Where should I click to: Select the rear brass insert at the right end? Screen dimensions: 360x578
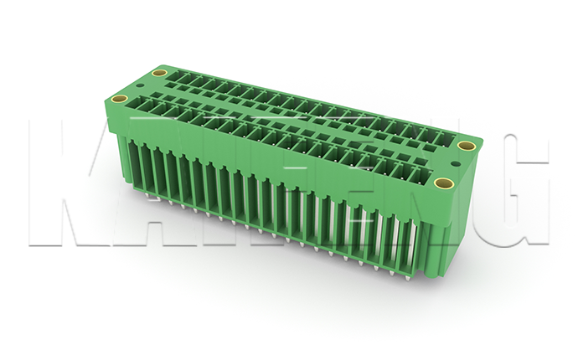coord(467,147)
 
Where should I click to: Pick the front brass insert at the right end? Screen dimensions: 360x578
coord(445,183)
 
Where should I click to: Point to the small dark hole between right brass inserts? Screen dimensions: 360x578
coord(455,165)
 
